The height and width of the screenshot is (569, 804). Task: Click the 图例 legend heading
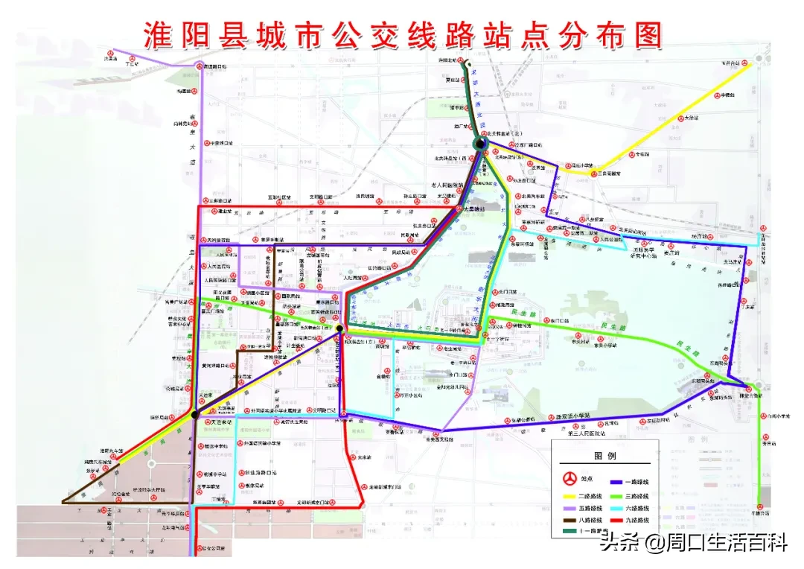pyautogui.click(x=605, y=456)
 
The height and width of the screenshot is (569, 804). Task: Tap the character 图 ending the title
pyautogui.click(x=644, y=33)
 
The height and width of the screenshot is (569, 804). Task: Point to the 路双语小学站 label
pyautogui.click(x=570, y=415)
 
